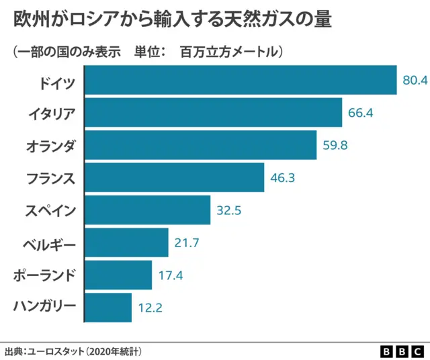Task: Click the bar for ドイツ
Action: [241, 80]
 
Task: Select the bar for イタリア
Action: [214, 112]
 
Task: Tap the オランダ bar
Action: [200, 145]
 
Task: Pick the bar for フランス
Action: [175, 177]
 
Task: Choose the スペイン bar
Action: [148, 210]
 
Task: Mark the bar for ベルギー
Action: [126, 242]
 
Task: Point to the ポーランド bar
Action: [118, 275]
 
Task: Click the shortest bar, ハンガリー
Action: [108, 308]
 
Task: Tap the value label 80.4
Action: [415, 80]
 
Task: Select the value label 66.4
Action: [360, 112]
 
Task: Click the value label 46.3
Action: [282, 178]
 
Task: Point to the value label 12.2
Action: [150, 308]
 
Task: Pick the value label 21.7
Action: [186, 243]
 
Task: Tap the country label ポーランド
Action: [45, 275]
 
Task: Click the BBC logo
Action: [402, 351]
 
